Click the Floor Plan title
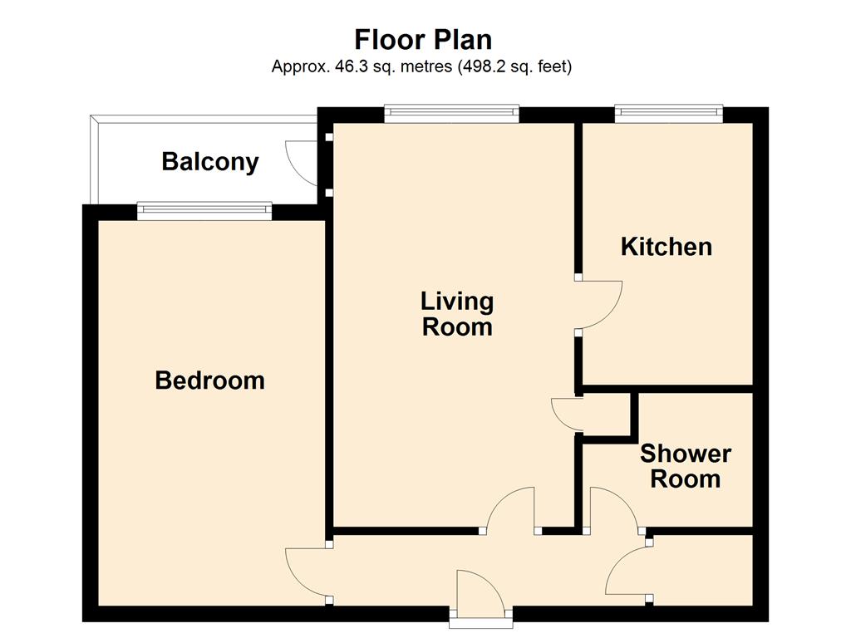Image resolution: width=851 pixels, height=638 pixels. (423, 40)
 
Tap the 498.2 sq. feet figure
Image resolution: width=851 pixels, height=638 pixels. (515, 66)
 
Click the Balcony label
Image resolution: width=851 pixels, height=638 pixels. (210, 162)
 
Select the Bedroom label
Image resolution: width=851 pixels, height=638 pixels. (210, 380)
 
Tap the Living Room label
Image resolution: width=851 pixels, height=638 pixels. (457, 314)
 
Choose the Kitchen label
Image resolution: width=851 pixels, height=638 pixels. (667, 247)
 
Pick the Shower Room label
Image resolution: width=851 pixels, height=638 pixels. (686, 466)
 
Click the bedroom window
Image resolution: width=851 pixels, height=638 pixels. (204, 211)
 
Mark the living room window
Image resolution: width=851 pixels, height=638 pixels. (451, 113)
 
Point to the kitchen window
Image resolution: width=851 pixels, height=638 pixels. (669, 113)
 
